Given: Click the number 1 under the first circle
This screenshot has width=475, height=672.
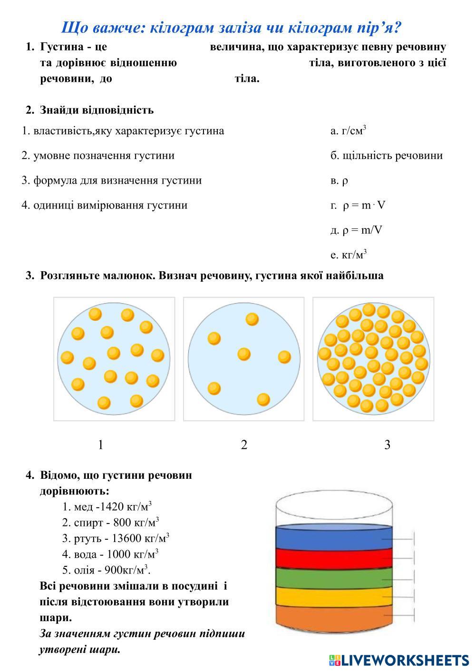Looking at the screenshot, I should point(100,445).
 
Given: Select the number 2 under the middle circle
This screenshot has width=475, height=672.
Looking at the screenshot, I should point(244,445).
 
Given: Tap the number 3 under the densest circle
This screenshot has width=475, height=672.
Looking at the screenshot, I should point(387,445).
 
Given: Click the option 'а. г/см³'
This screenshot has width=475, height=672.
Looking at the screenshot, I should point(348,131).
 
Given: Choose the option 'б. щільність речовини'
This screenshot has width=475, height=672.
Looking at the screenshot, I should point(386,156).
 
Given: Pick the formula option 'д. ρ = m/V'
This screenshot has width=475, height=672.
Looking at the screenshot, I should point(356,230).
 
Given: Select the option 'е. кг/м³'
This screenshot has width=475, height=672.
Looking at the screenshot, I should point(349,255).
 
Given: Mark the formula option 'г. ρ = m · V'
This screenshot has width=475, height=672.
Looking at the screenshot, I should point(358,206).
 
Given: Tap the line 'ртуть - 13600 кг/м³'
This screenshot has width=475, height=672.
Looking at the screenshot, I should point(116,538).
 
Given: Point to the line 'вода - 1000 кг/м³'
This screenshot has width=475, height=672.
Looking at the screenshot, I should point(110,554).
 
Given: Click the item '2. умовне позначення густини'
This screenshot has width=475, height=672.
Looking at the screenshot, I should point(98,156).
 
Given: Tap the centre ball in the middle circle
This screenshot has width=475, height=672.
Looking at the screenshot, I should point(244,354).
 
